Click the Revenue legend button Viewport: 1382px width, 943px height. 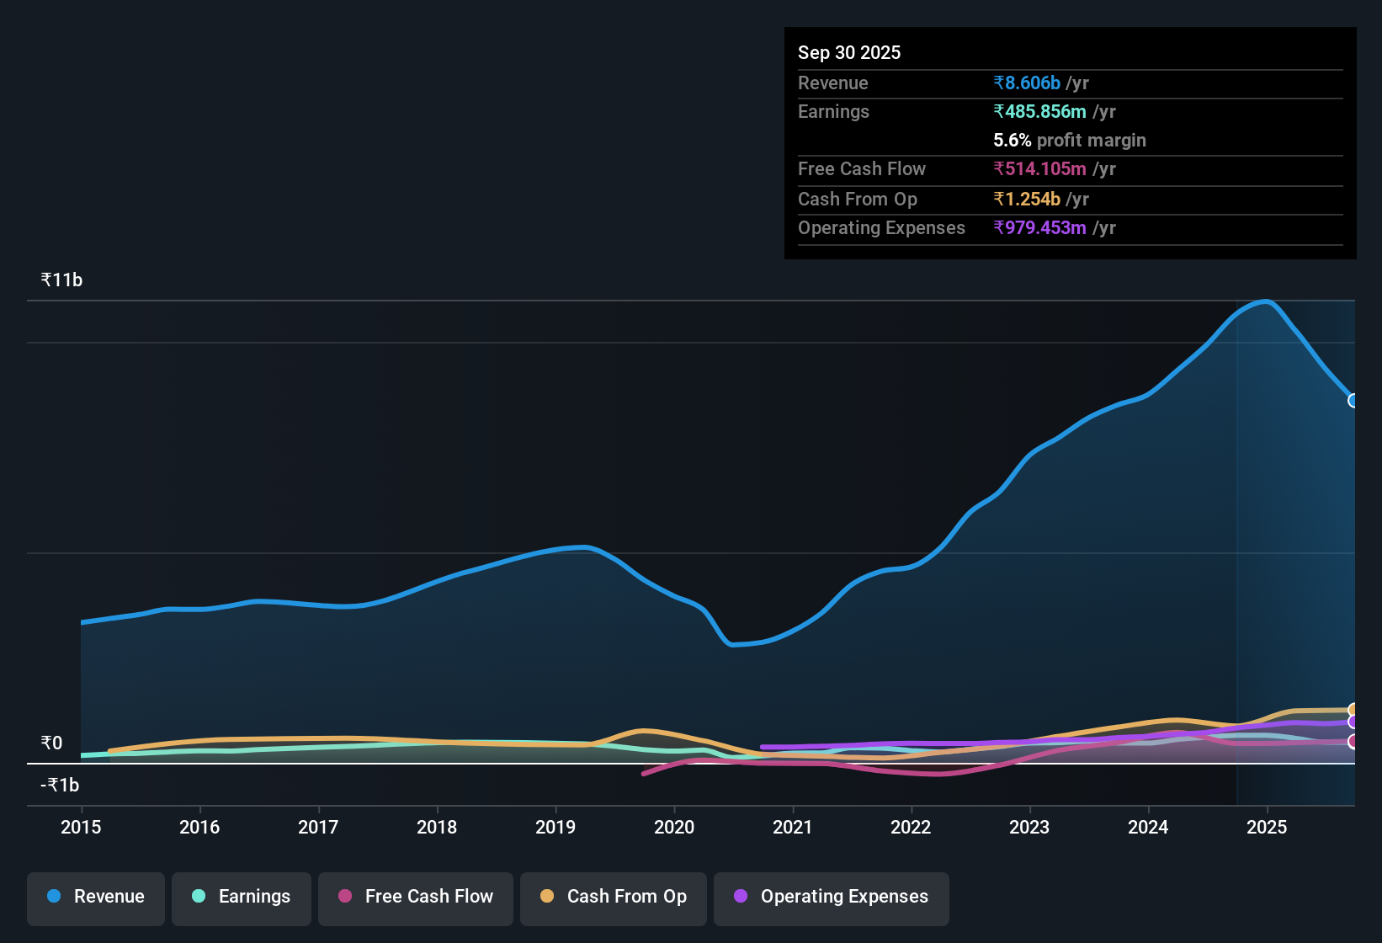coord(96,897)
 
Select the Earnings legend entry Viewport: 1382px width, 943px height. coord(242,897)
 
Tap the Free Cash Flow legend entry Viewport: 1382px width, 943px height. coord(416,897)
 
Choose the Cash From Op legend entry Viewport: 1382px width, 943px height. coord(614,897)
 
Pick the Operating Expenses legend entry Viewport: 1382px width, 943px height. coord(832,897)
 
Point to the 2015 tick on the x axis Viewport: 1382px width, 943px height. coord(81,827)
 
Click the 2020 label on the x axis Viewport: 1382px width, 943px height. coord(674,827)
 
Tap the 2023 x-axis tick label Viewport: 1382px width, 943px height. coord(1029,827)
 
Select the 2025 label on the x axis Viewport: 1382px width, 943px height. coord(1267,827)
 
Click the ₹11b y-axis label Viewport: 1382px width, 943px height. coord(61,280)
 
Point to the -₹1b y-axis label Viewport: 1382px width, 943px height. coord(60,786)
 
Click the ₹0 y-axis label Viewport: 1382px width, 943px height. coord(51,743)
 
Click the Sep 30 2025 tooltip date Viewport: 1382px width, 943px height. coord(849,52)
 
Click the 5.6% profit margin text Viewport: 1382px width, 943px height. coord(1070,140)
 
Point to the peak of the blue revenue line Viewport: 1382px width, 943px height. coord(1265,301)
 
